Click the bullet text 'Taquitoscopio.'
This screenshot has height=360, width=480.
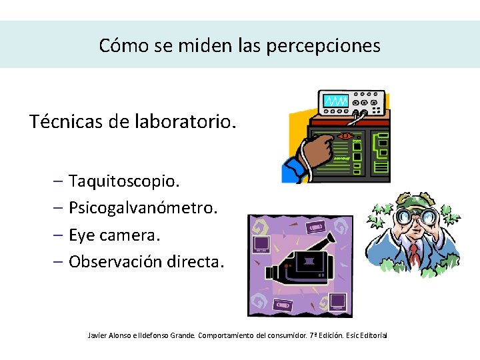point(124,181)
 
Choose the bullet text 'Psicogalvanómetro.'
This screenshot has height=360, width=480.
point(143,208)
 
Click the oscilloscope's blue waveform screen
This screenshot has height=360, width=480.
point(335,101)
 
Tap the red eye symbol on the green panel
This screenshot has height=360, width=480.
point(345,136)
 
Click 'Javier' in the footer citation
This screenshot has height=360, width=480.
point(99,335)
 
